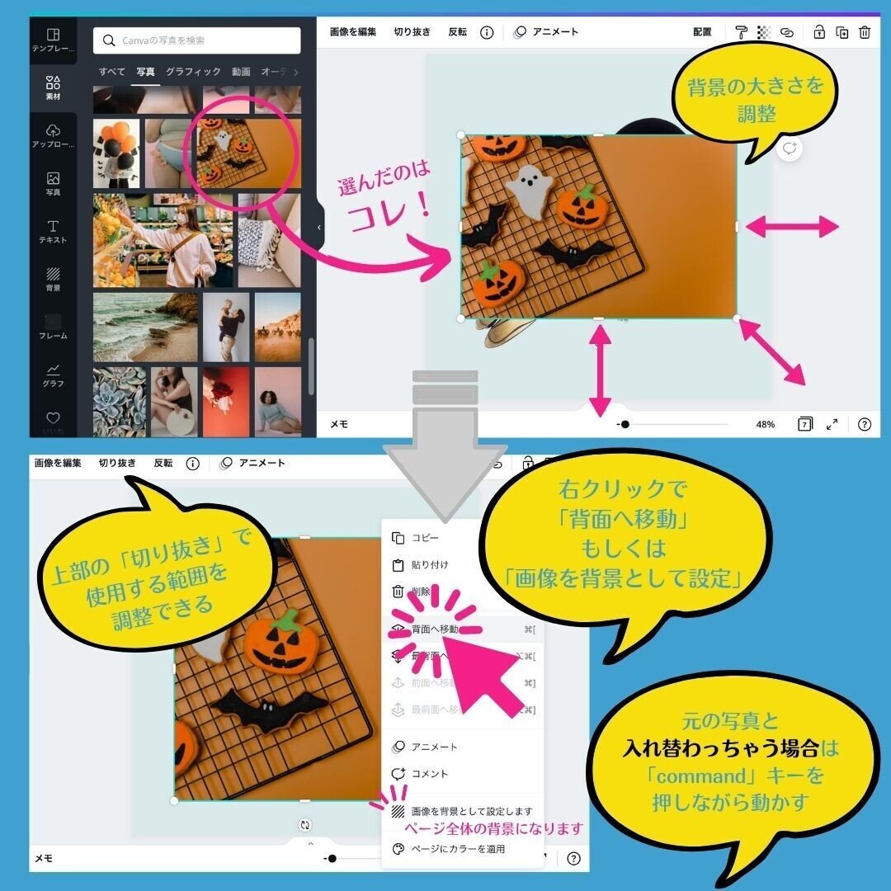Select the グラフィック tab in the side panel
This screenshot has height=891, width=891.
coord(193,72)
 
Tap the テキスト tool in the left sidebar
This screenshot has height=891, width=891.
coord(53,231)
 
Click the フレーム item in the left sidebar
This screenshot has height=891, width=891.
coord(53,327)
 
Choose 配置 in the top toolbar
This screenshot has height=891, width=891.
coord(702,32)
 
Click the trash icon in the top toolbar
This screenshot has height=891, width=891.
coord(865,32)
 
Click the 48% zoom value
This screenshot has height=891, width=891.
coord(766,424)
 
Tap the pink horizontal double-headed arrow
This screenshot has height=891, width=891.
coord(792,226)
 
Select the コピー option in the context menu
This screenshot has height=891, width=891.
coord(425,538)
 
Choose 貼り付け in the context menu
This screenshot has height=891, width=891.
coord(430,565)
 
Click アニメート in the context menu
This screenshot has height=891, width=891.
coord(434,747)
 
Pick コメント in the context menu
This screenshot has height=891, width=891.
coord(430,774)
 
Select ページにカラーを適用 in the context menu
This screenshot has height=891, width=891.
coord(458,849)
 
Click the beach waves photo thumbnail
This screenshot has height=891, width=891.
coord(145,327)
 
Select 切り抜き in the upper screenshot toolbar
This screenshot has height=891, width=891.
coord(412,32)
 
